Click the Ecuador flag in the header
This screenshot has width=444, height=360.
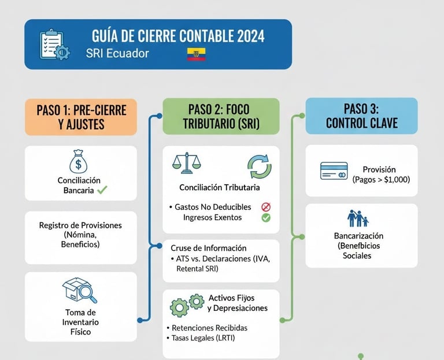pyautogui.click(x=197, y=54)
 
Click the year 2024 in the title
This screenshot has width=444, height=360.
pyautogui.click(x=250, y=36)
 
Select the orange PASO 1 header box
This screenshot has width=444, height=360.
pyautogui.click(x=81, y=116)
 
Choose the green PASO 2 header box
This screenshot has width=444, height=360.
pyautogui.click(x=221, y=116)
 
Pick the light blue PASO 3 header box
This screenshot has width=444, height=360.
pyautogui.click(x=361, y=116)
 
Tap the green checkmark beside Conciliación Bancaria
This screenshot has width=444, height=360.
pyautogui.click(x=102, y=190)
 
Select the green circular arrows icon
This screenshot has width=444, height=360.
pyautogui.click(x=259, y=166)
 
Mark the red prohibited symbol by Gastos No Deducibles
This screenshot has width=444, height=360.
pyautogui.click(x=266, y=206)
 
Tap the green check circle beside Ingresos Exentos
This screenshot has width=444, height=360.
pyautogui.click(x=266, y=218)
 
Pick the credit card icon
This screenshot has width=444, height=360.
pyautogui.click(x=334, y=170)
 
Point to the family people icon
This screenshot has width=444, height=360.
pyautogui.click(x=358, y=218)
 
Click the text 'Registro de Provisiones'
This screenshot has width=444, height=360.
pyautogui.click(x=80, y=225)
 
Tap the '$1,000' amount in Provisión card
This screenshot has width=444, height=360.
pyautogui.click(x=395, y=180)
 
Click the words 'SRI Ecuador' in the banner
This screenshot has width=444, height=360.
pyautogui.click(x=117, y=53)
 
